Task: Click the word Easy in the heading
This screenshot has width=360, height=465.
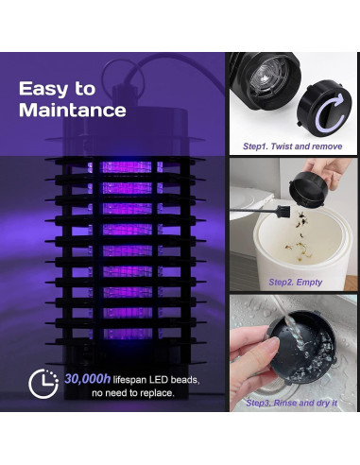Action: point(43,90)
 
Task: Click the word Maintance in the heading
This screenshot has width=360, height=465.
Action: point(73,110)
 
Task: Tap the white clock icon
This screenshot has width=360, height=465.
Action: point(43,384)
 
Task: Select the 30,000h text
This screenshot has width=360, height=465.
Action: point(88,379)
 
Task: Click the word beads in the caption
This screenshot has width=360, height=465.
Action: point(184,379)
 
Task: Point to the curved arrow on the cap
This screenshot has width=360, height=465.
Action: point(330,112)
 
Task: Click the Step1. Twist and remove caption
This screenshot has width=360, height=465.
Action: point(292,146)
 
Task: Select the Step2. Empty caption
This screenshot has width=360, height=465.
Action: point(295,282)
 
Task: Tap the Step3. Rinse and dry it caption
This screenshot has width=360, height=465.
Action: point(291,403)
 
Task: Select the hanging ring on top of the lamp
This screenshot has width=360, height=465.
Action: point(123,77)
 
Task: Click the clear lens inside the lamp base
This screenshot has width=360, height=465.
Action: point(262,77)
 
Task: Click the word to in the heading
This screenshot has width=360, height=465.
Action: point(85,90)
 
